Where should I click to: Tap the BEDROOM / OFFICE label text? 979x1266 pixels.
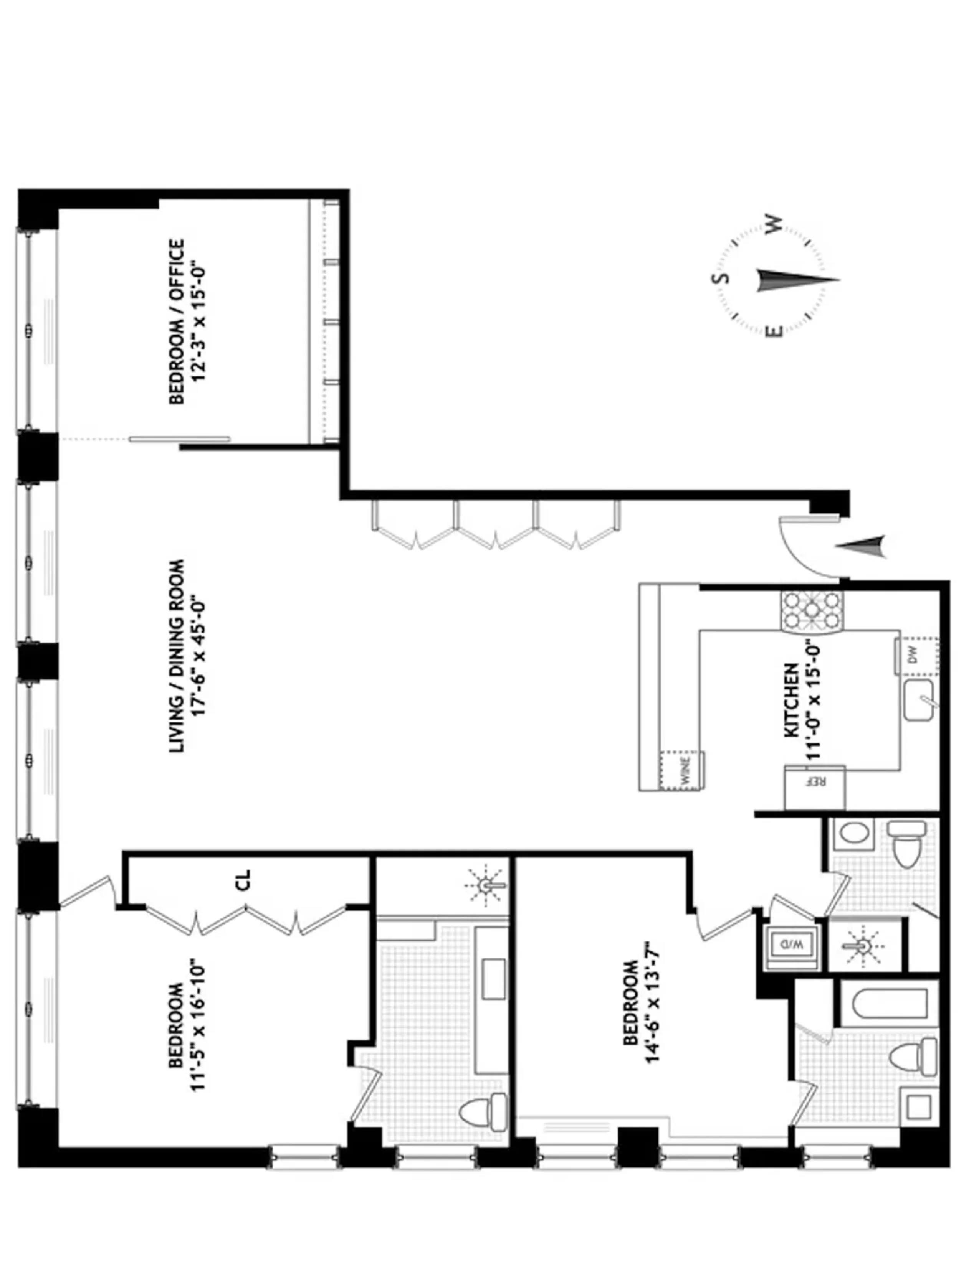176,322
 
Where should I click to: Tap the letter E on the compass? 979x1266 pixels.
774,331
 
